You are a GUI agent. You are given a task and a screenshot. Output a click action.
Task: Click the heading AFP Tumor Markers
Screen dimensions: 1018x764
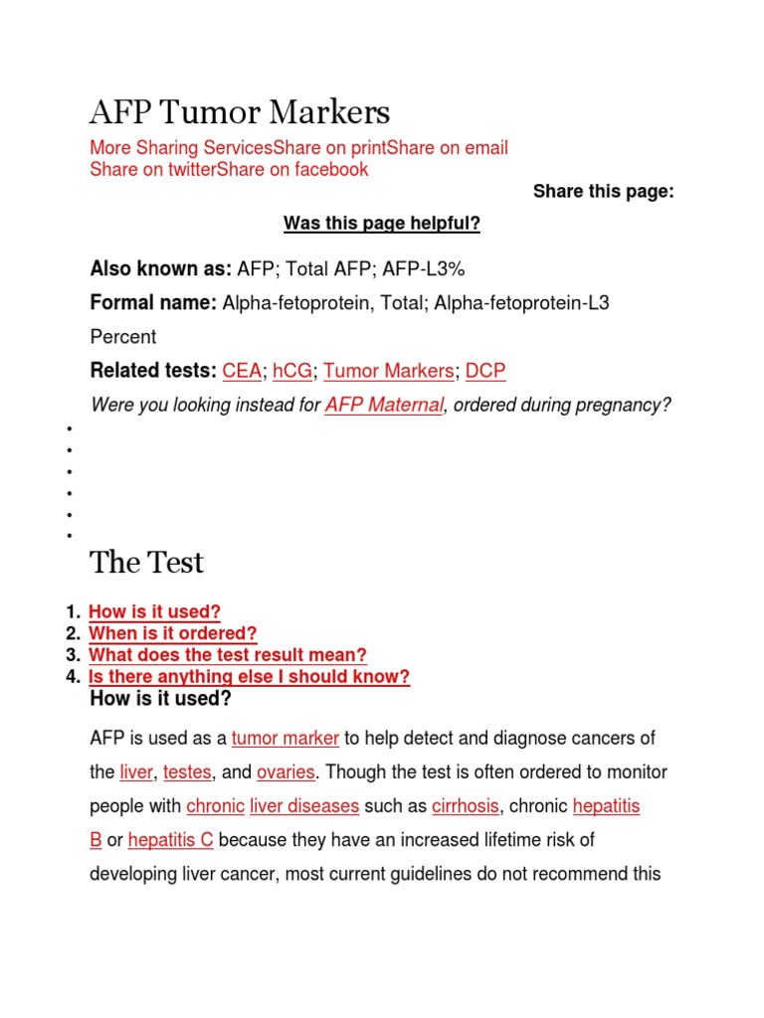click(x=240, y=111)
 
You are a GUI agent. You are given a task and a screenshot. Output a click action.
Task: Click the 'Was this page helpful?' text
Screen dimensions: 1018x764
click(x=382, y=224)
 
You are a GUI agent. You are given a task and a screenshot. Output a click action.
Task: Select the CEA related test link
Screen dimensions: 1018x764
click(x=242, y=371)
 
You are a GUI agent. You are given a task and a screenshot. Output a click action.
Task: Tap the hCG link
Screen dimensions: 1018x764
click(x=292, y=371)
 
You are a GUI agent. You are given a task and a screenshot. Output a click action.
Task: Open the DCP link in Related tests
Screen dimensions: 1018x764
click(x=485, y=371)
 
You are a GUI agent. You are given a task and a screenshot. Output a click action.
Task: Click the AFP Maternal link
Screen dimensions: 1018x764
click(x=384, y=406)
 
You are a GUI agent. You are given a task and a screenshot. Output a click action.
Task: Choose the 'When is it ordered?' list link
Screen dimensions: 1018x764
click(x=173, y=633)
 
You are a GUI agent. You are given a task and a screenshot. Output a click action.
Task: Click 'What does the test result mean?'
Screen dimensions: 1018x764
click(x=228, y=655)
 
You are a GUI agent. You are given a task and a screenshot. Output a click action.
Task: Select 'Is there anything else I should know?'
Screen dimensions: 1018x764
click(x=249, y=677)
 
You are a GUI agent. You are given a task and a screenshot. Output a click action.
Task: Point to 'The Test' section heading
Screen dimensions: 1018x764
click(x=146, y=563)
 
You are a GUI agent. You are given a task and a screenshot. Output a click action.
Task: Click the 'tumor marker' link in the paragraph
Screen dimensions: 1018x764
click(x=286, y=739)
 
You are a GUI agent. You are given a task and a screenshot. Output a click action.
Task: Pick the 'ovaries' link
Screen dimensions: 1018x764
click(x=286, y=772)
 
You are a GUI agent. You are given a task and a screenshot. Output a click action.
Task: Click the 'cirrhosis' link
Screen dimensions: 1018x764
click(x=465, y=806)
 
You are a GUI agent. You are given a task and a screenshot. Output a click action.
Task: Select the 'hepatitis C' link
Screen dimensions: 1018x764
click(x=170, y=840)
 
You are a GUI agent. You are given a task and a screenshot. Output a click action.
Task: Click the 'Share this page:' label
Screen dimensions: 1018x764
click(x=603, y=192)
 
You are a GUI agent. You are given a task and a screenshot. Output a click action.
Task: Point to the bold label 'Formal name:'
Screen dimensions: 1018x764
click(x=153, y=302)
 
